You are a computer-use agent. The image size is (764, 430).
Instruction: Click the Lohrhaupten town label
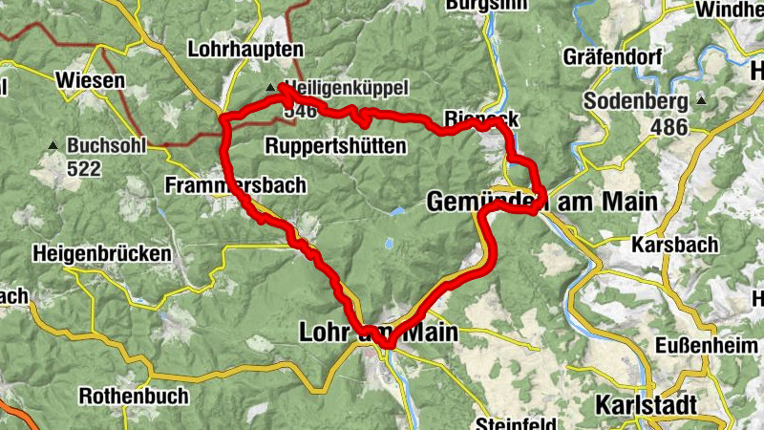pos(245,49)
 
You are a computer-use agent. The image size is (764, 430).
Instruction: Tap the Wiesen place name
pos(91,80)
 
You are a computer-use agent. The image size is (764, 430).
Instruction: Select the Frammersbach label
pos(235,185)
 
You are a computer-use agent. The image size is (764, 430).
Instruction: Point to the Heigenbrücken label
pos(101,254)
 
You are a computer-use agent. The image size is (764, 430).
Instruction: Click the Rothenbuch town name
pos(134,395)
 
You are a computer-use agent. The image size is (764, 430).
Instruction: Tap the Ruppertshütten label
pos(335,146)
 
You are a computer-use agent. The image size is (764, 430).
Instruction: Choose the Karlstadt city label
pos(645,404)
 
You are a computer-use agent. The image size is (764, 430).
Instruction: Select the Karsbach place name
pos(675,245)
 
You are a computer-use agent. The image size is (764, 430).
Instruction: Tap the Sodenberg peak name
pos(637,101)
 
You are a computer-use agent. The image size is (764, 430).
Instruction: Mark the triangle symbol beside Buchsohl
pos(52,146)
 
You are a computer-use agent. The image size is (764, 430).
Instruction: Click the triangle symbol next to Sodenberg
pos(702,100)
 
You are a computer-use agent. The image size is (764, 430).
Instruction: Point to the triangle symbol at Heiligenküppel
pos(270,89)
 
